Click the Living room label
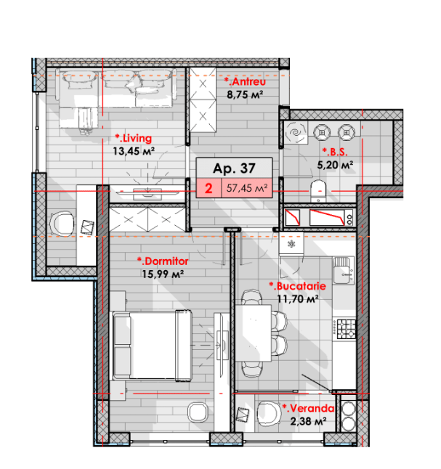pyautogui.click(x=134, y=138)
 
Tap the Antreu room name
pyautogui.click(x=245, y=81)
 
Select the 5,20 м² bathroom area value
pyautogui.click(x=335, y=165)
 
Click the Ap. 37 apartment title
pyautogui.click(x=234, y=168)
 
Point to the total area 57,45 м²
pyautogui.click(x=247, y=188)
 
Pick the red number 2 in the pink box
pyautogui.click(x=209, y=189)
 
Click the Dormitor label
pyautogui.click(x=163, y=261)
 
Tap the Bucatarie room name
pyautogui.click(x=298, y=286)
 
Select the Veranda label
pyautogui.click(x=308, y=408)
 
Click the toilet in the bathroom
pyautogui.click(x=318, y=191)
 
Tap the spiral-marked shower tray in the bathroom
pyautogui.click(x=296, y=133)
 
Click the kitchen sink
pyautogui.click(x=344, y=270)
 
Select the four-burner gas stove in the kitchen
pyautogui.click(x=346, y=329)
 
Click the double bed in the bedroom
pyautogui.click(x=152, y=346)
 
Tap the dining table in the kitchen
pyautogui.click(x=254, y=333)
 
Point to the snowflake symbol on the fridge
pyautogui.click(x=291, y=244)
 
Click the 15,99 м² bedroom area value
pyautogui.click(x=163, y=274)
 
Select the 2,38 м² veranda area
pyautogui.click(x=308, y=421)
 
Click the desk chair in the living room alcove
pyautogui.click(x=62, y=223)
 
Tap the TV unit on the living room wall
pyautogui.click(x=147, y=193)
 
